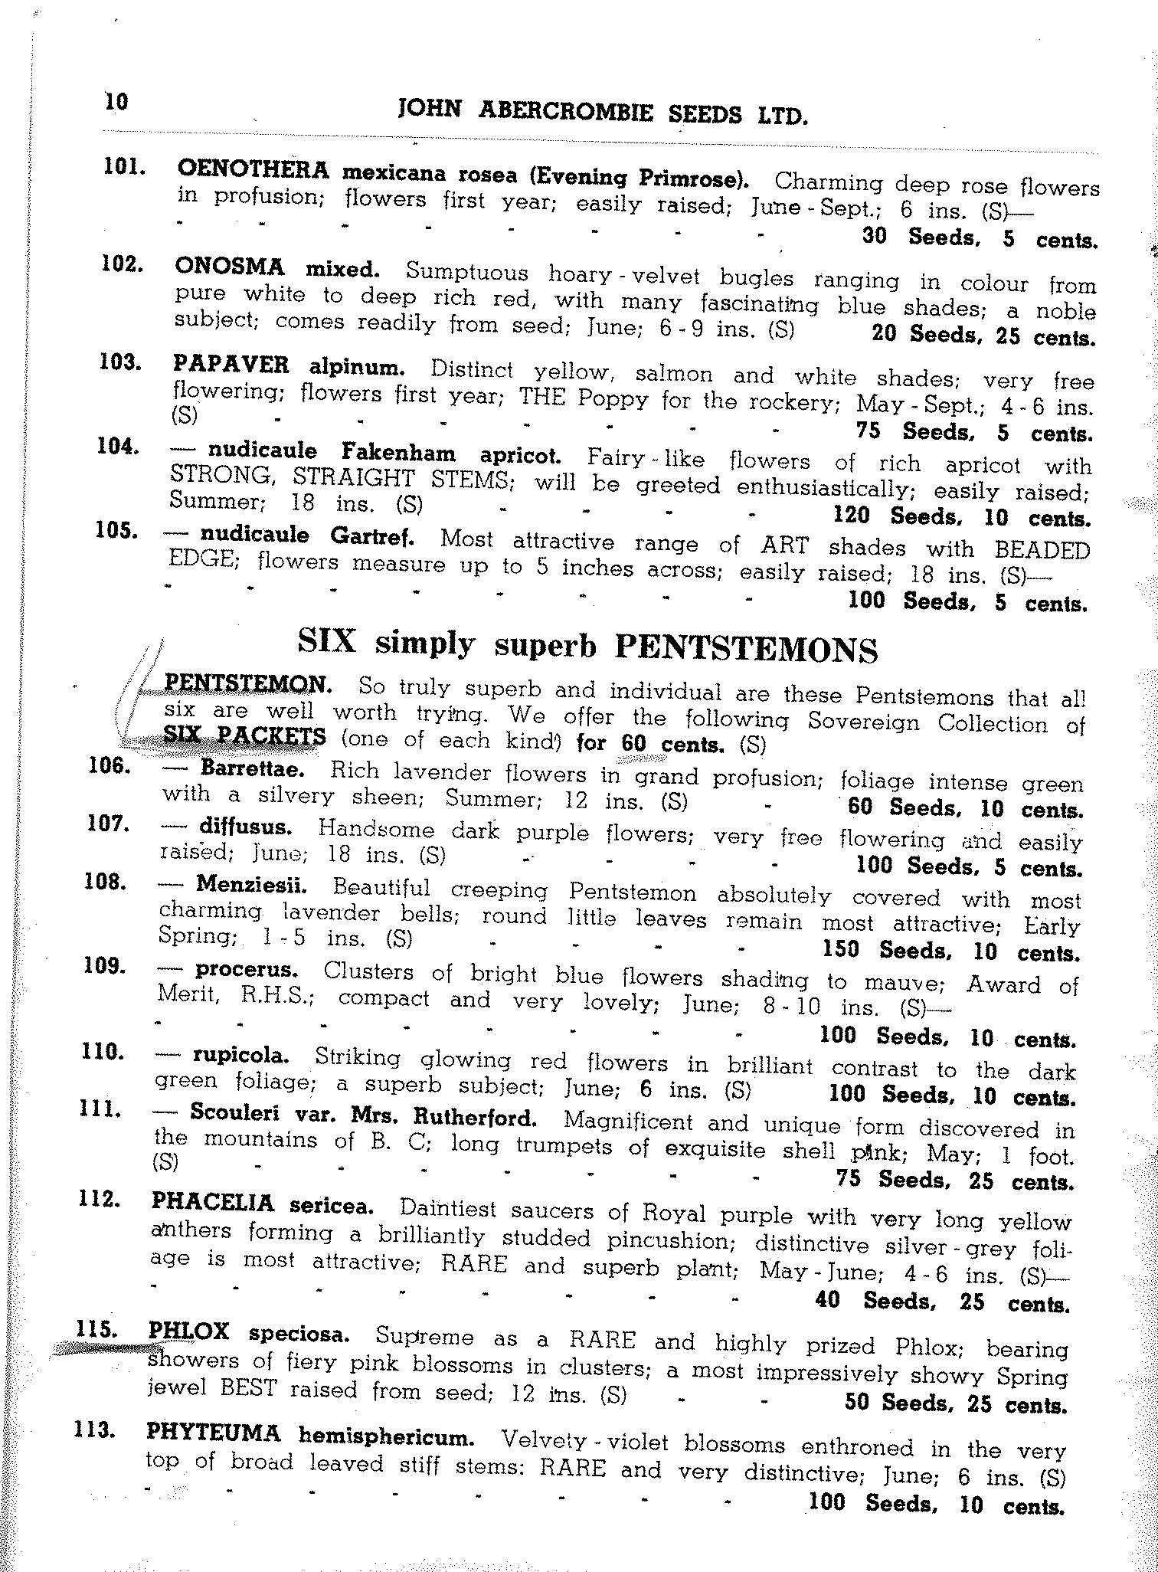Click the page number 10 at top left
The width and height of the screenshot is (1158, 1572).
[x=116, y=102]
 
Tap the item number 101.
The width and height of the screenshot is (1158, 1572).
[x=124, y=167]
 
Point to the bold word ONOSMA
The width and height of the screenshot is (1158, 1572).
[x=229, y=267]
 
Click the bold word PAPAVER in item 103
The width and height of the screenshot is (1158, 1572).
[x=231, y=365]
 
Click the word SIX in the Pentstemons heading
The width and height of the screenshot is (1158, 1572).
[x=327, y=642]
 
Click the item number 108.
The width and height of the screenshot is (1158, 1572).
[x=104, y=882]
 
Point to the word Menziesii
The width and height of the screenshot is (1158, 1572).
[x=252, y=886]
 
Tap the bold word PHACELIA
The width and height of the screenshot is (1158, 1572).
[x=213, y=1203]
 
